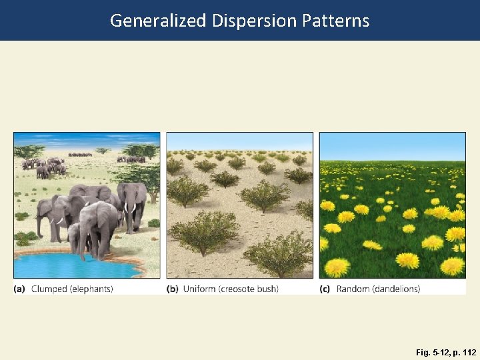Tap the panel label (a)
tap(20, 289)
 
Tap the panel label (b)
tap(173, 289)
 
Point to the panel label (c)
tap(325, 289)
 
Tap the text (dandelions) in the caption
tap(398, 289)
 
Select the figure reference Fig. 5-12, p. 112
tap(446, 352)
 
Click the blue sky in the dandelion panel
tap(392, 145)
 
